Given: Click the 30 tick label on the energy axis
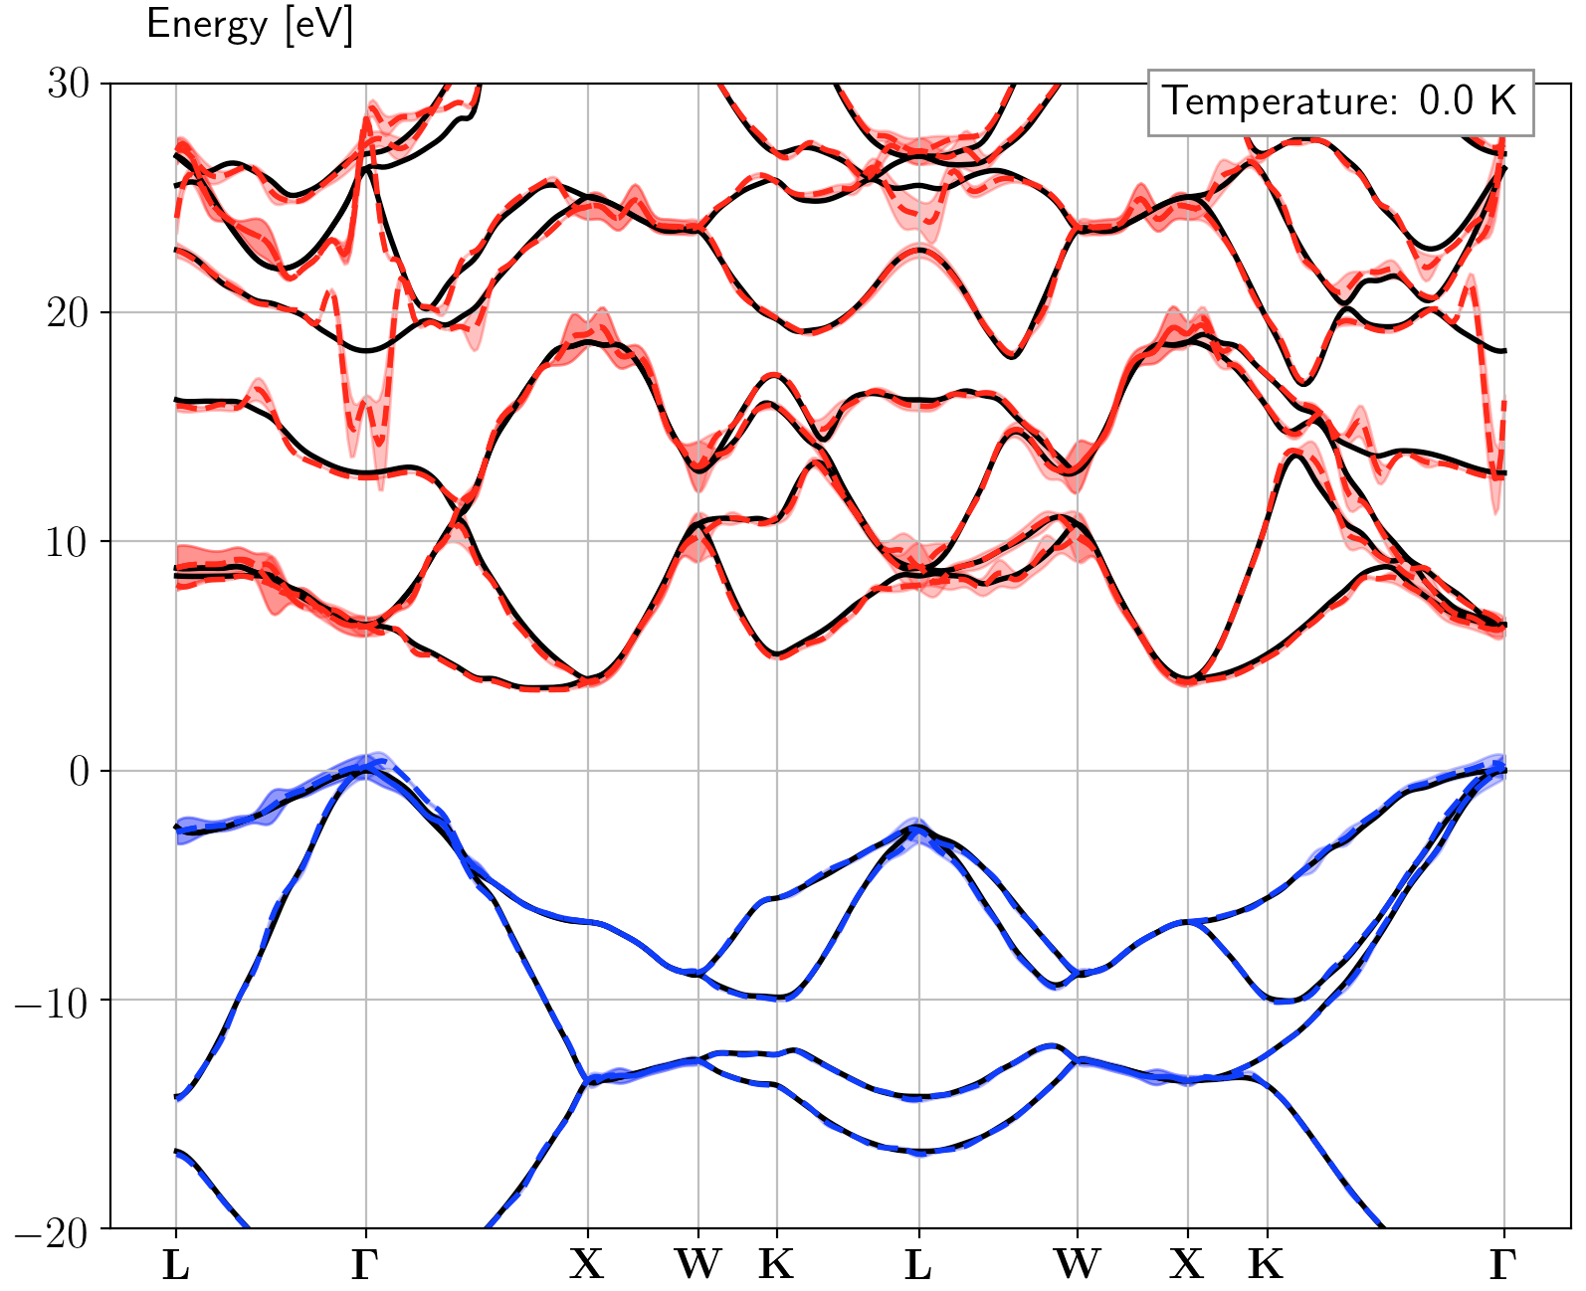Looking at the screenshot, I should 68,84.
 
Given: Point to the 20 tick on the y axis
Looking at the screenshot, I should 68,312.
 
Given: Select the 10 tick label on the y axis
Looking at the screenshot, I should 68,542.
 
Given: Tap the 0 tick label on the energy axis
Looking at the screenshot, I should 79,772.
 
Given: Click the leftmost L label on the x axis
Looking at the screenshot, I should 176,1265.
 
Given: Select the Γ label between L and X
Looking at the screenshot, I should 365,1265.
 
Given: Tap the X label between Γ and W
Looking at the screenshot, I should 587,1265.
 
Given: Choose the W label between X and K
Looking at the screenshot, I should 697,1265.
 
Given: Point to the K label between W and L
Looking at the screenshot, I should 776,1265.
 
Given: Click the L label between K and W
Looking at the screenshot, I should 918,1265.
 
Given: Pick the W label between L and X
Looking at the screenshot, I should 1077,1265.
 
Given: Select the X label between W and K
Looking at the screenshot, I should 1187,1265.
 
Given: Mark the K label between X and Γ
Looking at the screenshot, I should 1266,1265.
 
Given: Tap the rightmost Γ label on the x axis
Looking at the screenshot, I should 1502,1265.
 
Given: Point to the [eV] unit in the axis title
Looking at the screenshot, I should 318,24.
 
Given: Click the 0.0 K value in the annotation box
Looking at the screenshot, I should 1468,101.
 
